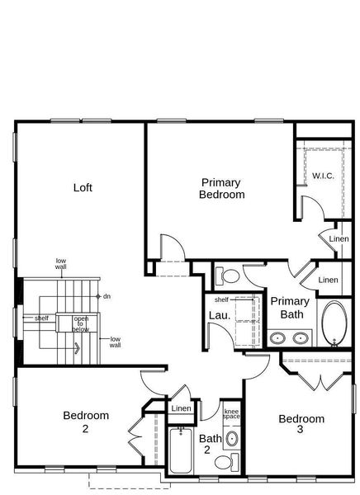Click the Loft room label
(83, 187)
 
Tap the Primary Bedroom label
(222, 189)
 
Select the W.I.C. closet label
(323, 176)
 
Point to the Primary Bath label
(290, 308)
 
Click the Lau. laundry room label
(219, 314)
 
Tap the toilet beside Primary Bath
(230, 276)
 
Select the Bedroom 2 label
(86, 422)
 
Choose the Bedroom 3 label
(301, 424)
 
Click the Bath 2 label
(211, 444)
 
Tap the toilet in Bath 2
(232, 439)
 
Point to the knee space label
(231, 414)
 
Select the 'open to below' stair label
(81, 324)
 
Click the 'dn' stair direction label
(107, 295)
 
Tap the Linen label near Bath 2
(181, 409)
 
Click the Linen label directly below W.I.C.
(339, 239)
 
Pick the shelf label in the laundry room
(221, 299)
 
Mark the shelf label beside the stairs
(41, 318)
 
